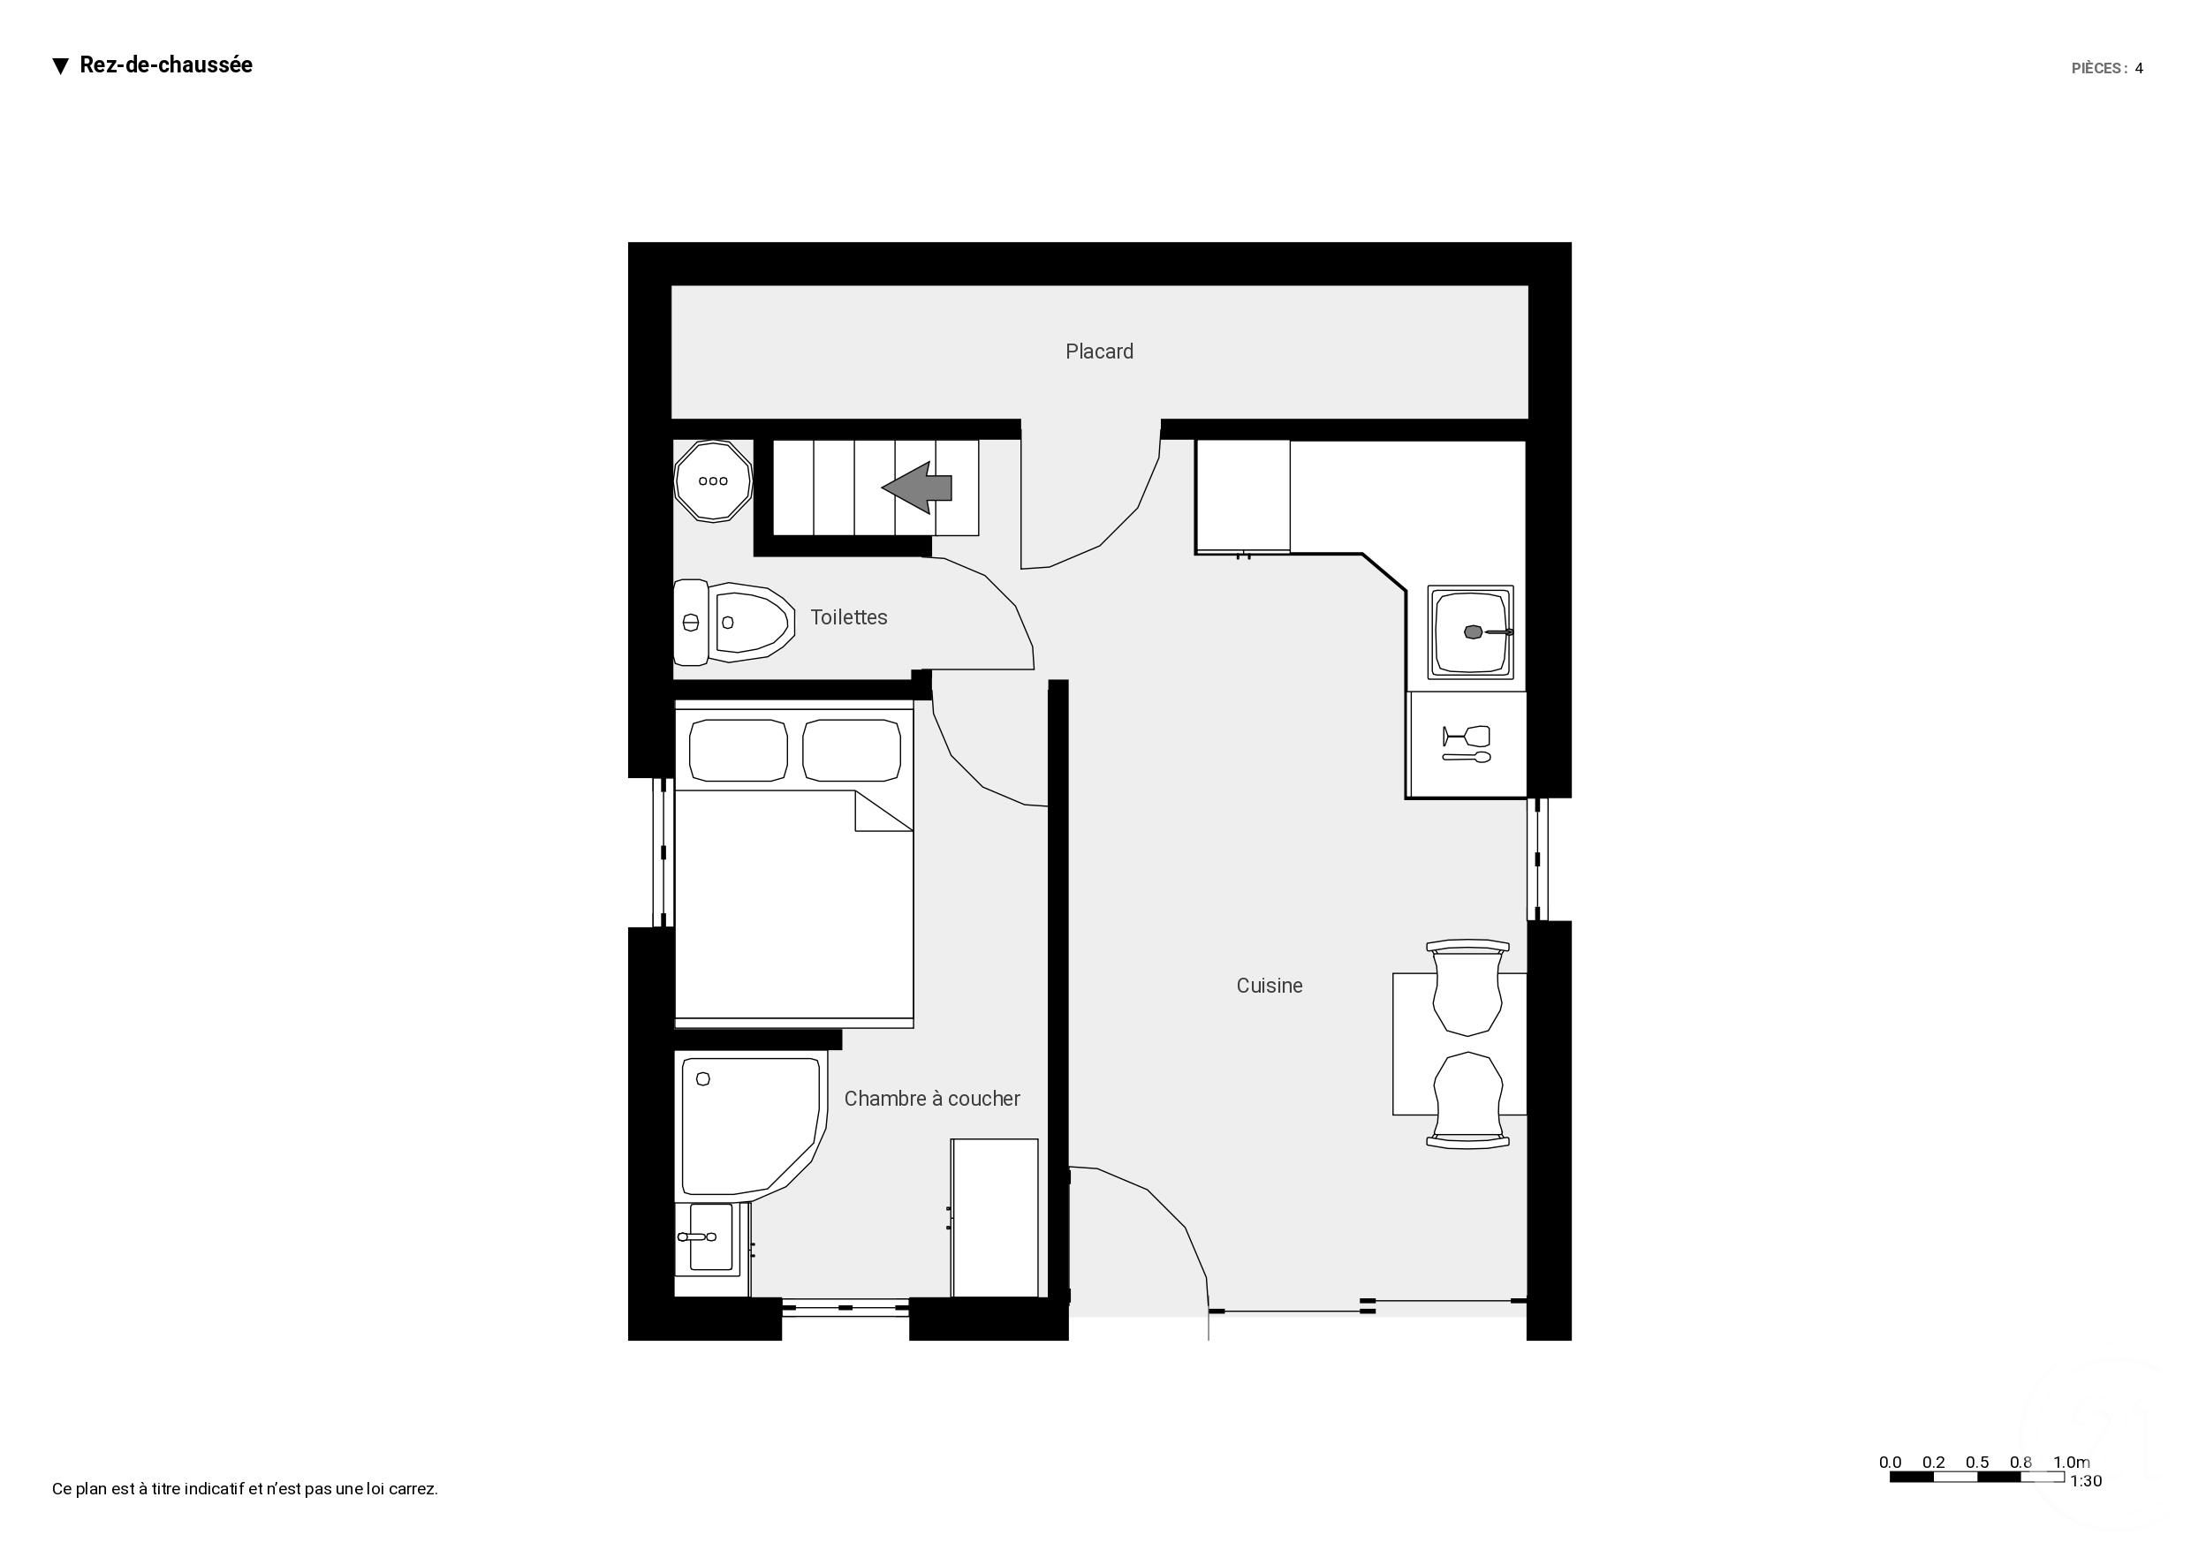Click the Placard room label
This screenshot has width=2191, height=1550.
coord(1099,352)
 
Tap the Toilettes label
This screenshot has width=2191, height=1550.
coord(849,617)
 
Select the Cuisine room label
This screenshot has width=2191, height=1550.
coord(1269,986)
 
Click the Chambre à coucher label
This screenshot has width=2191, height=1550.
coord(932,1099)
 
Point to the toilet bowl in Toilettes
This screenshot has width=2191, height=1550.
coord(753,623)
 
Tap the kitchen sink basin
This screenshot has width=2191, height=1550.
coord(1470,631)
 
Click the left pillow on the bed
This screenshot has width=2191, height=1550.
coord(738,750)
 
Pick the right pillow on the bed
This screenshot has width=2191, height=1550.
coord(852,750)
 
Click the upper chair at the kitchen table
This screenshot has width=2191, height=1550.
coord(1467,987)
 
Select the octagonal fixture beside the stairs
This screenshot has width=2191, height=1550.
coord(713,481)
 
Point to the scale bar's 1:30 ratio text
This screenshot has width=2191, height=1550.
coord(2086,1481)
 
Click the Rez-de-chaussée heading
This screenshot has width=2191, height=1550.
coord(165,64)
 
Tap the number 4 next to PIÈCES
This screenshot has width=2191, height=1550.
coord(2140,69)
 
